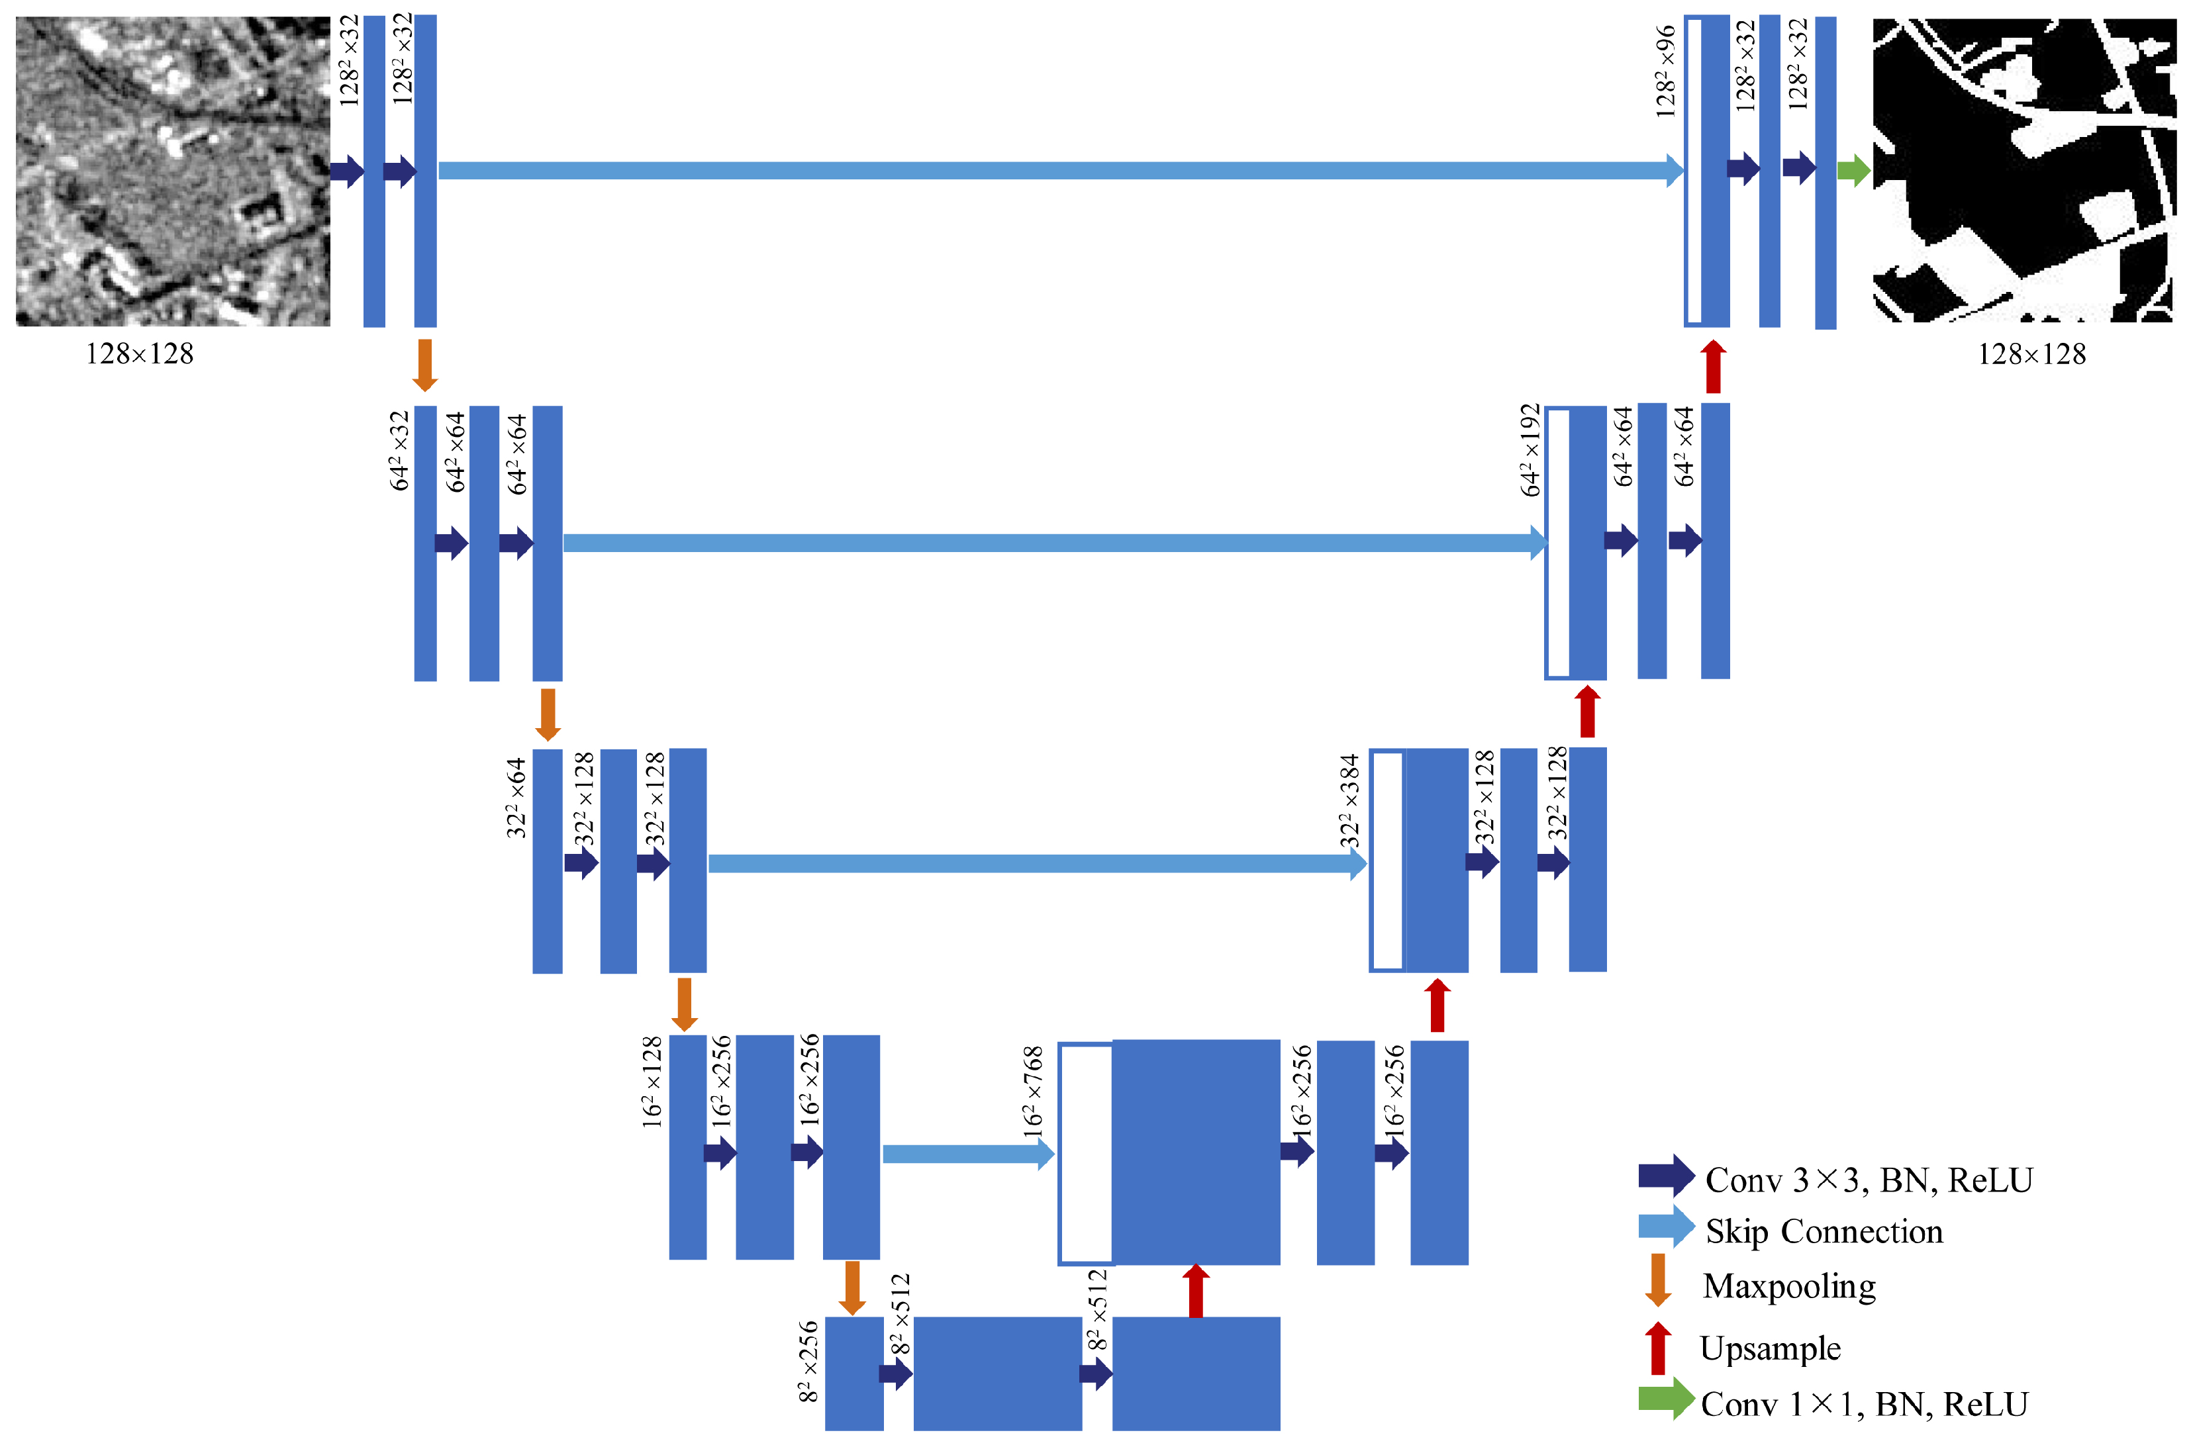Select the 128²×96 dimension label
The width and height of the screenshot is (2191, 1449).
(1665, 72)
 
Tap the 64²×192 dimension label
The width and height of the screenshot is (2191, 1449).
(1530, 450)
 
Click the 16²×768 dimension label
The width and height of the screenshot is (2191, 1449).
(1033, 1090)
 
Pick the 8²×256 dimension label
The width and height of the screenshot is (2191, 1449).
(808, 1360)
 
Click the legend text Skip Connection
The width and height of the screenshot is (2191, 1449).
(1824, 1231)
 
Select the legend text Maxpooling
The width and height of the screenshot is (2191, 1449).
(1788, 1285)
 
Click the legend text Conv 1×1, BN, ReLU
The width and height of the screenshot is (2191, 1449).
(1863, 1404)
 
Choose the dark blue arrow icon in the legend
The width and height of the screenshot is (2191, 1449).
(1666, 1176)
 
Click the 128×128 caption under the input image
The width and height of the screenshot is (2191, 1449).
(140, 354)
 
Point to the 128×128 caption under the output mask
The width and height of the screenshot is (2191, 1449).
(2031, 354)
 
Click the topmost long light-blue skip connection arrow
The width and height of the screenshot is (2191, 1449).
(1053, 170)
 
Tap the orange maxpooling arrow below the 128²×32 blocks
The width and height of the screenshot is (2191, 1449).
(424, 365)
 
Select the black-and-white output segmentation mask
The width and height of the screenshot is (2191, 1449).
(2022, 171)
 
